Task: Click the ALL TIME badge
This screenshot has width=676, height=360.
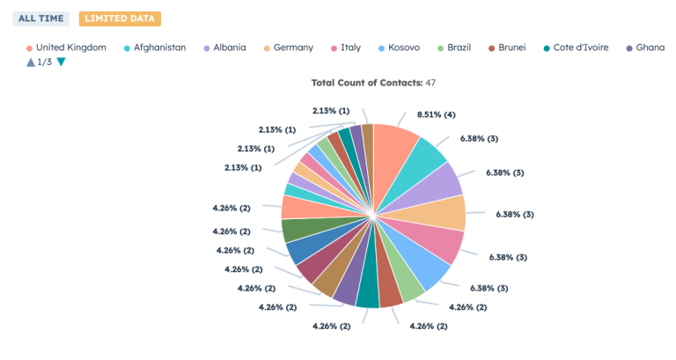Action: pos(40,18)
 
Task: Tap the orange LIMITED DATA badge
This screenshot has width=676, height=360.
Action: pos(120,18)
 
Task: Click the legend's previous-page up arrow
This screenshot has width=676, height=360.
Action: pos(31,62)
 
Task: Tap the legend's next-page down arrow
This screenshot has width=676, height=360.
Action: pos(61,62)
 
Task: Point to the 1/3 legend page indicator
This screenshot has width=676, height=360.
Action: pos(45,62)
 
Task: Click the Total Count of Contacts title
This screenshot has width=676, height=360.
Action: pos(373,82)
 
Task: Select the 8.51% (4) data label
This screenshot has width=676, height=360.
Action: pos(437,114)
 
